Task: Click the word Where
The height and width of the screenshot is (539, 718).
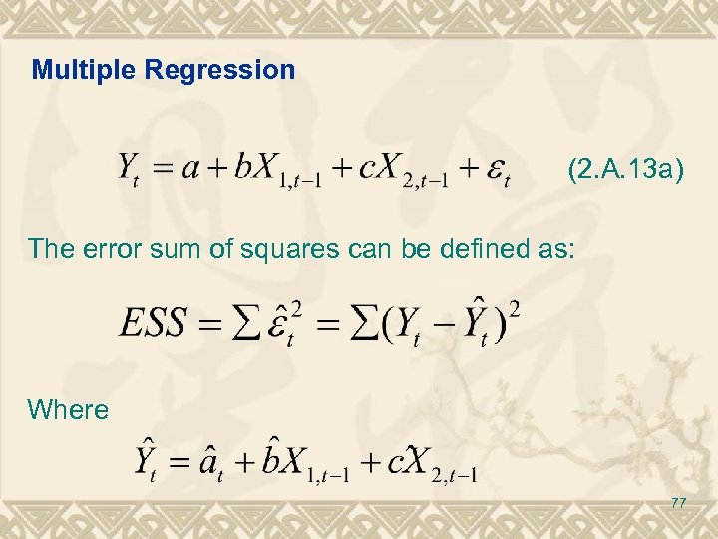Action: tap(68, 409)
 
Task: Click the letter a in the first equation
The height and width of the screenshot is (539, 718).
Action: tap(187, 167)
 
